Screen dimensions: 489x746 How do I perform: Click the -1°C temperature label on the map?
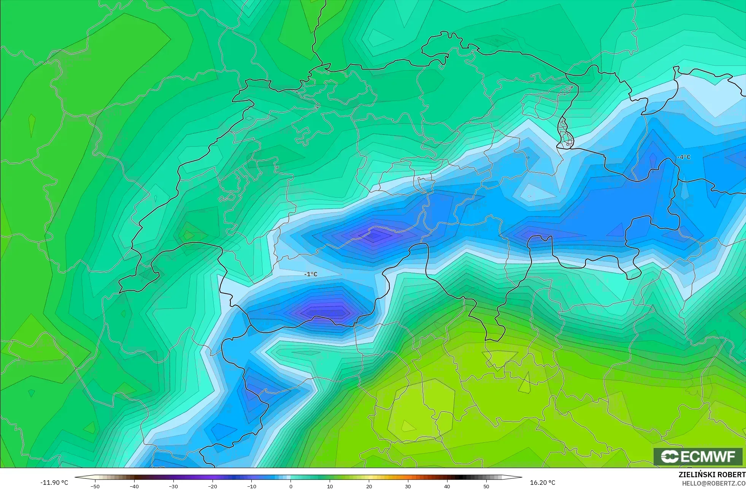point(311,274)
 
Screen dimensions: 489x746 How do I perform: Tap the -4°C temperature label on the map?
point(684,157)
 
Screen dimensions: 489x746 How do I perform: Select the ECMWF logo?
point(698,456)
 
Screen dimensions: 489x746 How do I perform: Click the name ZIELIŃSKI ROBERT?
point(712,475)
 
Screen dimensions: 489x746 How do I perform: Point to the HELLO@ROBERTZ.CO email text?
point(713,483)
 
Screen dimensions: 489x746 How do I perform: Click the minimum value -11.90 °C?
point(54,483)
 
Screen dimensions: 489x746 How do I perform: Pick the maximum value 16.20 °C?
point(543,483)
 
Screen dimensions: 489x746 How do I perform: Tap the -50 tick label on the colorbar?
point(95,486)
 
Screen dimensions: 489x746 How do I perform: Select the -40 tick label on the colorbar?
point(134,486)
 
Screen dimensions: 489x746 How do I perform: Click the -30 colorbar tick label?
point(173,486)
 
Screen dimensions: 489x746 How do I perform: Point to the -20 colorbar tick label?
point(213,486)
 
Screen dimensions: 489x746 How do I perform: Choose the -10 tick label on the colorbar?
point(252,486)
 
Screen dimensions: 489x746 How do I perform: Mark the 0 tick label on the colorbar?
point(291,486)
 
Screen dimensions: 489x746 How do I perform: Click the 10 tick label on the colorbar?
point(330,486)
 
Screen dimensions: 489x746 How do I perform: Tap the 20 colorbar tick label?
point(369,486)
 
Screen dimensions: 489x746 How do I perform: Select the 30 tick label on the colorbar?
point(408,486)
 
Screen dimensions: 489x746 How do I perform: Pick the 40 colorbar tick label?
point(447,486)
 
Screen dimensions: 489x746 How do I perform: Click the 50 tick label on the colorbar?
point(486,486)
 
